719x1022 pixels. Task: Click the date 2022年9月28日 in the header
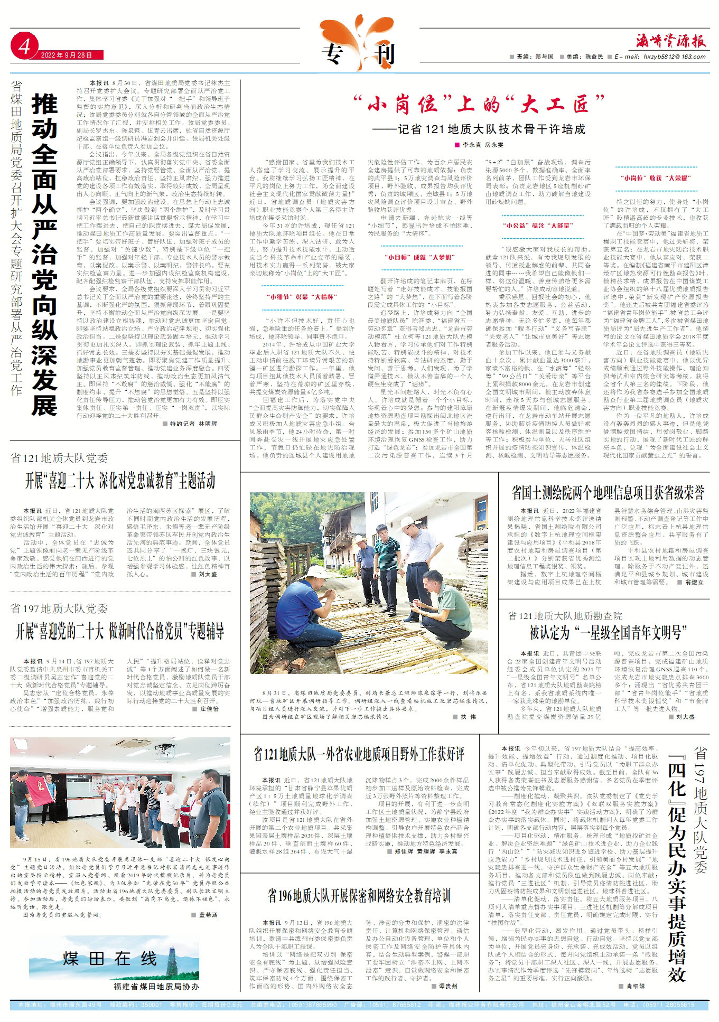click(67, 55)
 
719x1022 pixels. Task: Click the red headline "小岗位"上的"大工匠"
click(478, 104)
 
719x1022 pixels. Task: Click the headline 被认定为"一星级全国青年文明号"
click(608, 632)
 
